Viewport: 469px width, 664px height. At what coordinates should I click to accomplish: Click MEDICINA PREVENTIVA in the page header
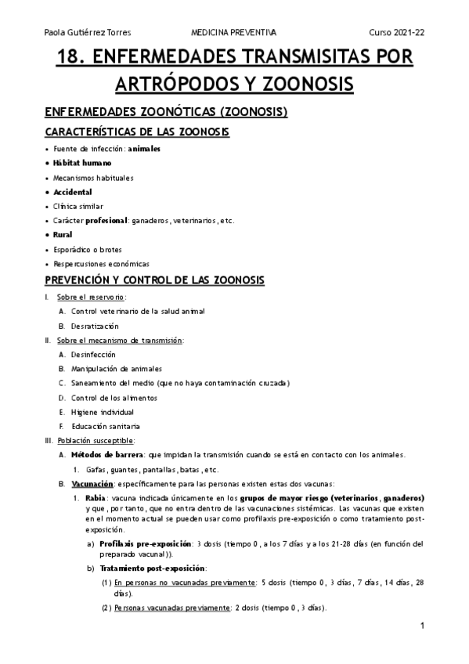234,32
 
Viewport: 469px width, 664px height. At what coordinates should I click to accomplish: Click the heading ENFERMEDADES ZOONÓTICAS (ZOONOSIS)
166,112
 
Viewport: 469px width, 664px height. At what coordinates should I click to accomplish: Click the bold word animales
144,149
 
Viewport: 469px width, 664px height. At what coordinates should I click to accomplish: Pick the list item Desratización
95,326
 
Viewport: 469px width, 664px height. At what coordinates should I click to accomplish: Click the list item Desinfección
92,355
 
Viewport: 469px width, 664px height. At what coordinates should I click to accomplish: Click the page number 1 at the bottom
422,626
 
